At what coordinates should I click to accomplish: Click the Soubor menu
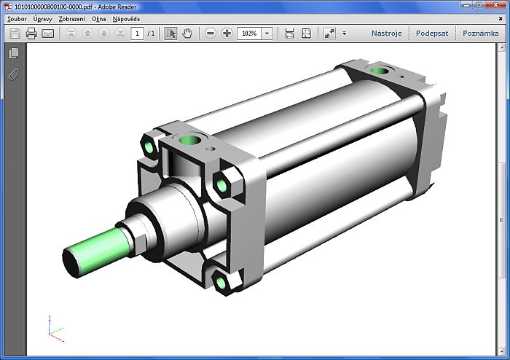[x=17, y=19]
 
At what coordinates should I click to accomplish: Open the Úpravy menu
[x=43, y=19]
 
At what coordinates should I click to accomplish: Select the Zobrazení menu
[x=71, y=19]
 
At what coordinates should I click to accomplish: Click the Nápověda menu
[x=126, y=19]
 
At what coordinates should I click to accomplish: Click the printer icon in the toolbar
[x=31, y=34]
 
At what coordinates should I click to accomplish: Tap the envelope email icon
[x=48, y=34]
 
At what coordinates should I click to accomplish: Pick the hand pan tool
[x=187, y=34]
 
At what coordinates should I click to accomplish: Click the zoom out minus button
[x=211, y=34]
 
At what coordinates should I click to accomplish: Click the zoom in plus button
[x=227, y=34]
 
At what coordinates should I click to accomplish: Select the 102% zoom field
[x=249, y=34]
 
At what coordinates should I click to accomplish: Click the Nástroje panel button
[x=386, y=34]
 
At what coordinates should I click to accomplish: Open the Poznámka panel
[x=480, y=34]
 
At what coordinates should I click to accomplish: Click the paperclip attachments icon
[x=13, y=74]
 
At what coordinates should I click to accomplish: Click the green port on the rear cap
[x=378, y=71]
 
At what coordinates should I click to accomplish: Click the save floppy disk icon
[x=15, y=34]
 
